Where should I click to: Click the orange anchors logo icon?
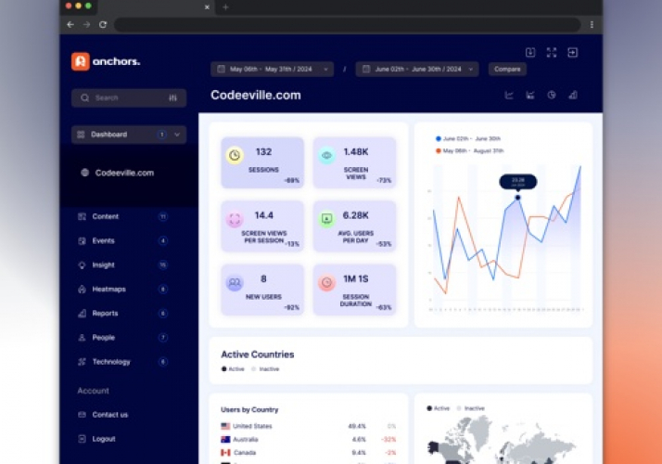[x=81, y=61]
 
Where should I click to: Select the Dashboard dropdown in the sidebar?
[x=128, y=135]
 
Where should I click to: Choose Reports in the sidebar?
[x=105, y=314]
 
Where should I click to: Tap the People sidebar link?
[x=103, y=338]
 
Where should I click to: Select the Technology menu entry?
[x=110, y=362]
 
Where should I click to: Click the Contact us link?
[x=109, y=415]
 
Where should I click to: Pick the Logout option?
[x=104, y=439]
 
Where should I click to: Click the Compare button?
[x=507, y=69]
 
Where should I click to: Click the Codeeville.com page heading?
[x=256, y=95]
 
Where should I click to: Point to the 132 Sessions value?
[x=263, y=152]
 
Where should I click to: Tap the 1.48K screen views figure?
[x=356, y=152]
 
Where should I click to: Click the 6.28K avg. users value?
[x=356, y=215]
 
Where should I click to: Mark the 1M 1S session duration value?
[x=356, y=278]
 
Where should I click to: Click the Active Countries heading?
[x=257, y=354]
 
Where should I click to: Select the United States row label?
[x=252, y=426]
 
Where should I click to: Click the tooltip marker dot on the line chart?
[x=517, y=197]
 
